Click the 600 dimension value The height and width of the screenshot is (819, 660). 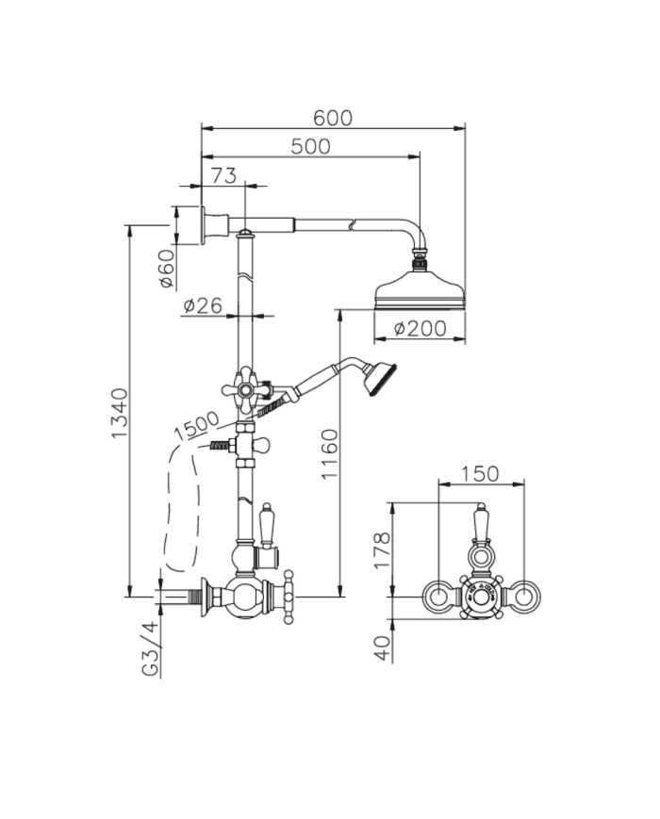pos(332,118)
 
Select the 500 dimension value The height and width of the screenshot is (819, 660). pos(310,147)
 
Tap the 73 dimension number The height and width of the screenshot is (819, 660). pos(224,175)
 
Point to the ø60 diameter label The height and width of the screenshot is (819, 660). pos(167,268)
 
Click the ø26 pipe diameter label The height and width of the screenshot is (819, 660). pos(203,305)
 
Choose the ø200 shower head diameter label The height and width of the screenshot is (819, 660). pos(421,329)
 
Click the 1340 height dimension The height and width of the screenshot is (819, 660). pos(120,413)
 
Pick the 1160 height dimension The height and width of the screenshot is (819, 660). pos(329,453)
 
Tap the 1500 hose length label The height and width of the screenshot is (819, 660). pos(196,425)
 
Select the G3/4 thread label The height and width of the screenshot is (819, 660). pos(150,649)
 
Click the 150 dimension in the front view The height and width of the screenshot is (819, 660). pos(480,474)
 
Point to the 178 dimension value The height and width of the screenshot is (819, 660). pos(382,550)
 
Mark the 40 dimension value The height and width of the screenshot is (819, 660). pos(383,648)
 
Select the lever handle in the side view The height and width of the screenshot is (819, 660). pos(267,524)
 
